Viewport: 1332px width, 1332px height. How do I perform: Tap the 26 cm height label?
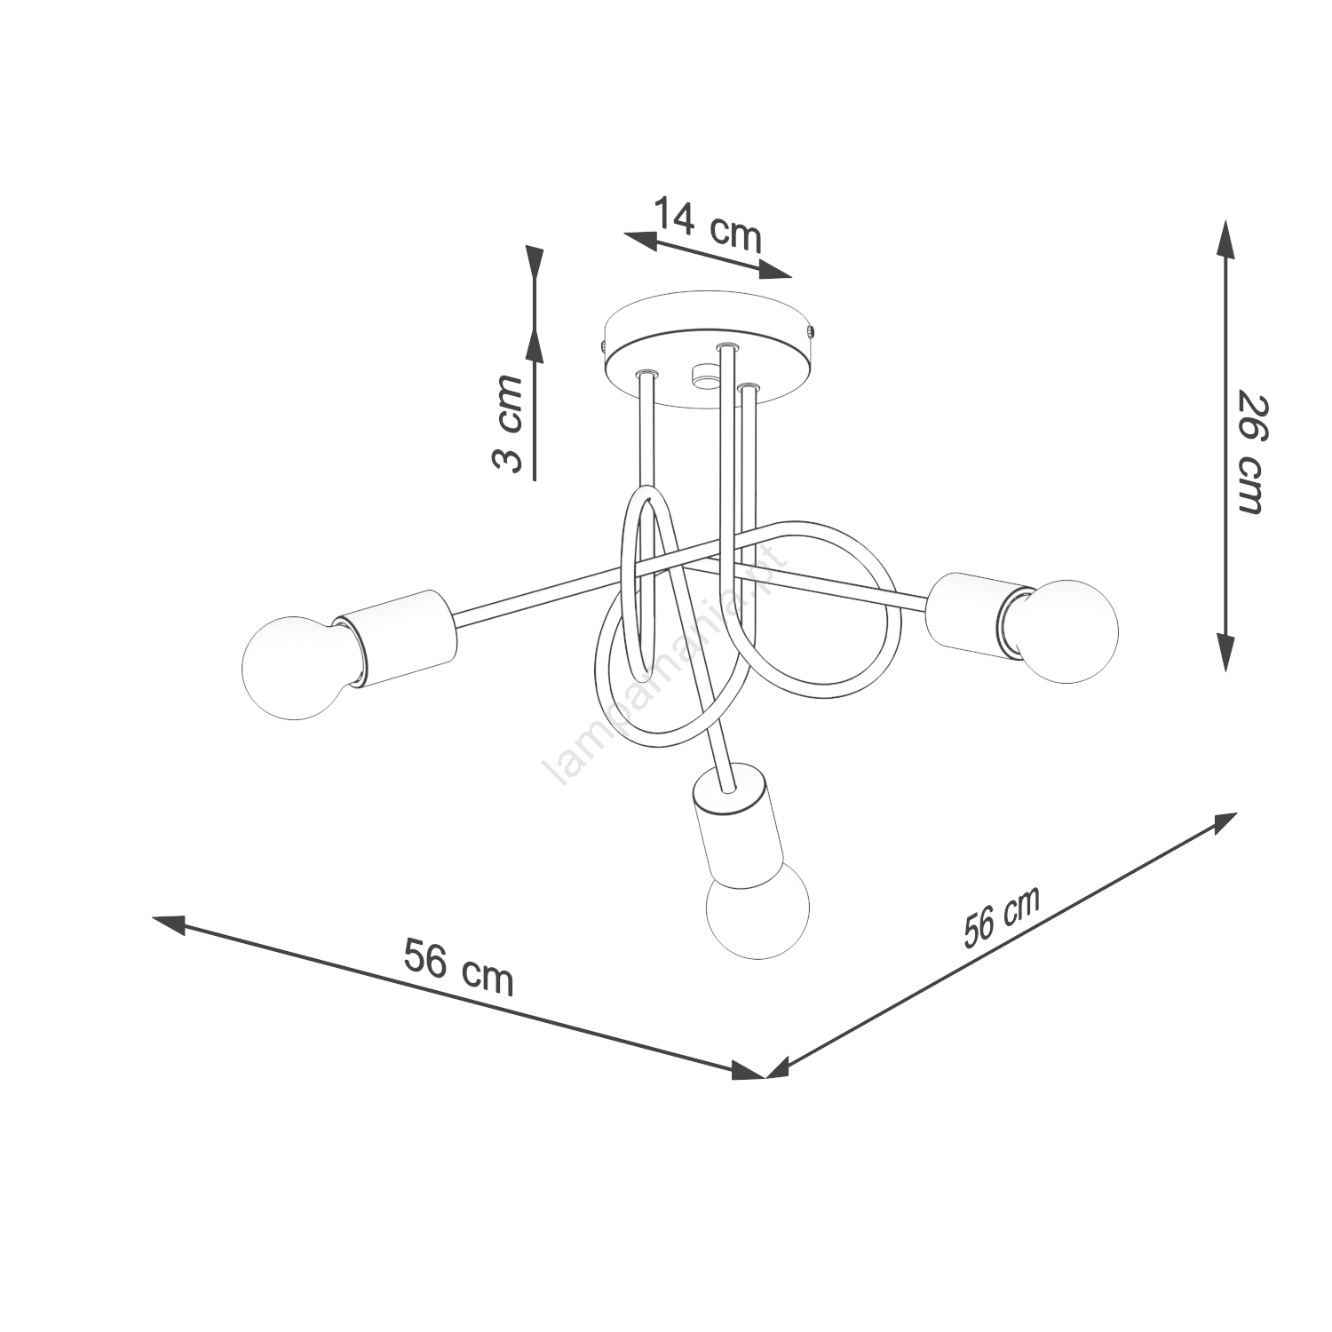pos(1251,452)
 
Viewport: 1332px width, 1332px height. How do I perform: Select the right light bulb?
pos(1061,630)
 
